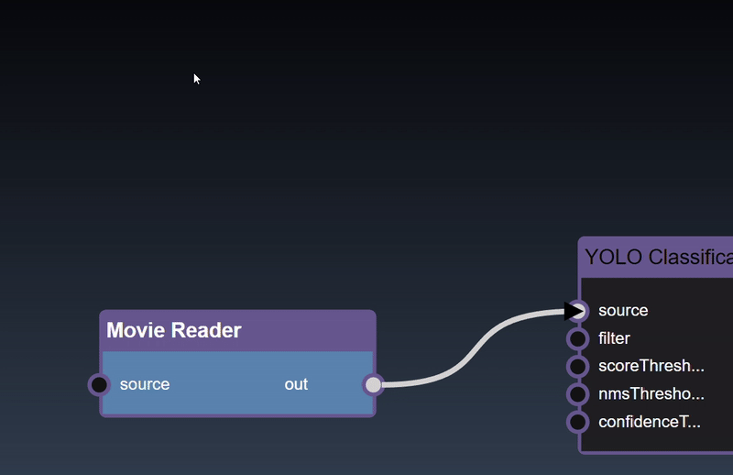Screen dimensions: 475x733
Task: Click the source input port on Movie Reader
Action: [x=99, y=384]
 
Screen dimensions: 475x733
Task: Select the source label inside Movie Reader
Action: [x=145, y=384]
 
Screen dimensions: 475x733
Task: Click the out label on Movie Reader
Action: [x=296, y=384]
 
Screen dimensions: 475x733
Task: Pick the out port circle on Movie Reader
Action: [x=372, y=384]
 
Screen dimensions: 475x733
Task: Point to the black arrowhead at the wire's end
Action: [x=573, y=312]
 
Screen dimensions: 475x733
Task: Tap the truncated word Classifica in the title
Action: [x=690, y=257]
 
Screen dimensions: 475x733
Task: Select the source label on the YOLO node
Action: [x=623, y=311]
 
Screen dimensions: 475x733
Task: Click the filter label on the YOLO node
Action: [x=614, y=338]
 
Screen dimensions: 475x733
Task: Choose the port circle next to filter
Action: [x=577, y=339]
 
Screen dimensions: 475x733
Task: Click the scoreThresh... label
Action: [x=651, y=367]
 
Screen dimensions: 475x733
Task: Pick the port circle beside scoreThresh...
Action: [x=577, y=367]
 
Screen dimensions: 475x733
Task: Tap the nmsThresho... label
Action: [x=651, y=394]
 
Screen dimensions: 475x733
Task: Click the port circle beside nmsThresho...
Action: [x=577, y=394]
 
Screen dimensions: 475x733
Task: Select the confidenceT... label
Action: [x=649, y=422]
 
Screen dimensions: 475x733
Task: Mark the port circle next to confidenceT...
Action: [x=577, y=422]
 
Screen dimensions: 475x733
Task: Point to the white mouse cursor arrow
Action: [x=196, y=79]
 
